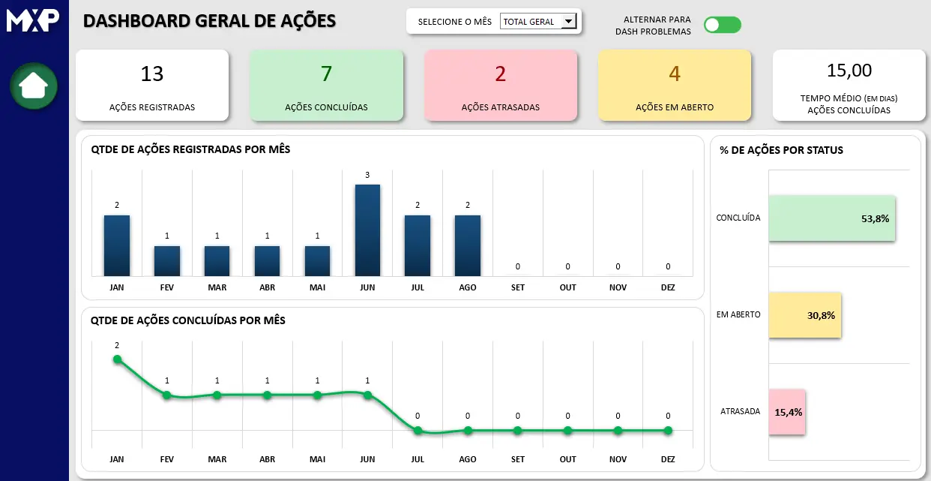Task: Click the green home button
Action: click(x=34, y=86)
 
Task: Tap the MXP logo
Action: click(x=33, y=20)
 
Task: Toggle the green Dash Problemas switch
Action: click(x=722, y=26)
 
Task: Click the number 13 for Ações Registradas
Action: click(x=152, y=74)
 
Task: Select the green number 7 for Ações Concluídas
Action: click(x=326, y=74)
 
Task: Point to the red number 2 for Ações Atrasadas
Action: click(x=501, y=74)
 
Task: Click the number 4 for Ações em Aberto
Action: click(x=675, y=74)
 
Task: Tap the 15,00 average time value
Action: click(x=849, y=71)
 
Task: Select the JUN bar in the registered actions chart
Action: click(x=367, y=230)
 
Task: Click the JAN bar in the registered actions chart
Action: click(x=117, y=245)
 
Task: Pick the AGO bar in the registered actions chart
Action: click(x=468, y=245)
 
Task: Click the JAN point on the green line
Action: click(x=117, y=359)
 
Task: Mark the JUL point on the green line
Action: click(x=418, y=431)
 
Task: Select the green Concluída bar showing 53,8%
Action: click(x=831, y=218)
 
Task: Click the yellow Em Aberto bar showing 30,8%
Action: click(x=804, y=315)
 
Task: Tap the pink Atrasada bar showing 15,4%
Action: click(x=786, y=412)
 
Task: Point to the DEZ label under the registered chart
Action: click(x=668, y=287)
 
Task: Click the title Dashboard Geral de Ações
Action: click(x=209, y=21)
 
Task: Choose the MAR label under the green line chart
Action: click(x=217, y=459)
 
